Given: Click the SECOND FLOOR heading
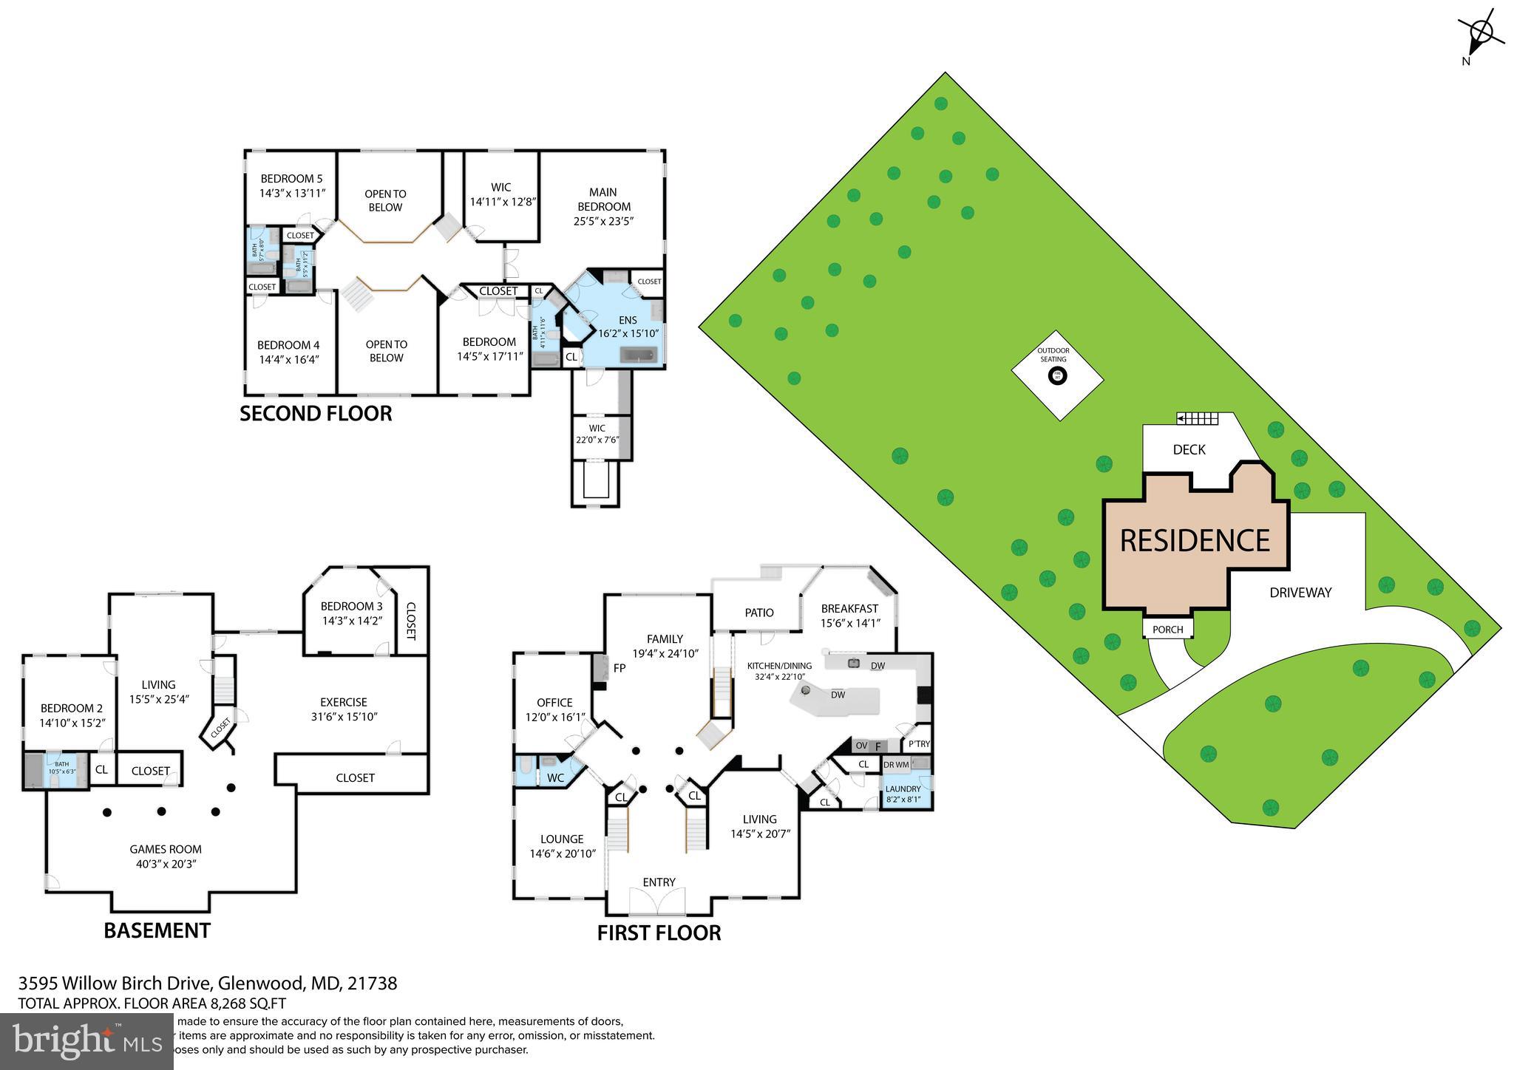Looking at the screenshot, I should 316,414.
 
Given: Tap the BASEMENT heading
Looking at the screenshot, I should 157,930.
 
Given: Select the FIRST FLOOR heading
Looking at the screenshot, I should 659,933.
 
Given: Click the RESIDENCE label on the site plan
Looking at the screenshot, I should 1195,541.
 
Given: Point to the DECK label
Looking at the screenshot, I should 1189,449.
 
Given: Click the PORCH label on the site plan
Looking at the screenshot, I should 1168,630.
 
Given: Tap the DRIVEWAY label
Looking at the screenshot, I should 1300,593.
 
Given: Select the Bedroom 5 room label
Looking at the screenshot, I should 291,179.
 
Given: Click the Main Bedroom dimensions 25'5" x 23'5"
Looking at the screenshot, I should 604,221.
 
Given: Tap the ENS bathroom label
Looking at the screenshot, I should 628,320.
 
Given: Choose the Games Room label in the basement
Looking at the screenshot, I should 166,850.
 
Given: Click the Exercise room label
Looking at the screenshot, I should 343,702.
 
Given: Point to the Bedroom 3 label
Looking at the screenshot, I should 351,607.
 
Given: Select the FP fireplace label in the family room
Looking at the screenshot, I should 619,668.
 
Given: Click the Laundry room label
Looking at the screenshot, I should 903,788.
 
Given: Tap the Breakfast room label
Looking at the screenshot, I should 849,609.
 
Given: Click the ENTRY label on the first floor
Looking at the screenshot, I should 659,882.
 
